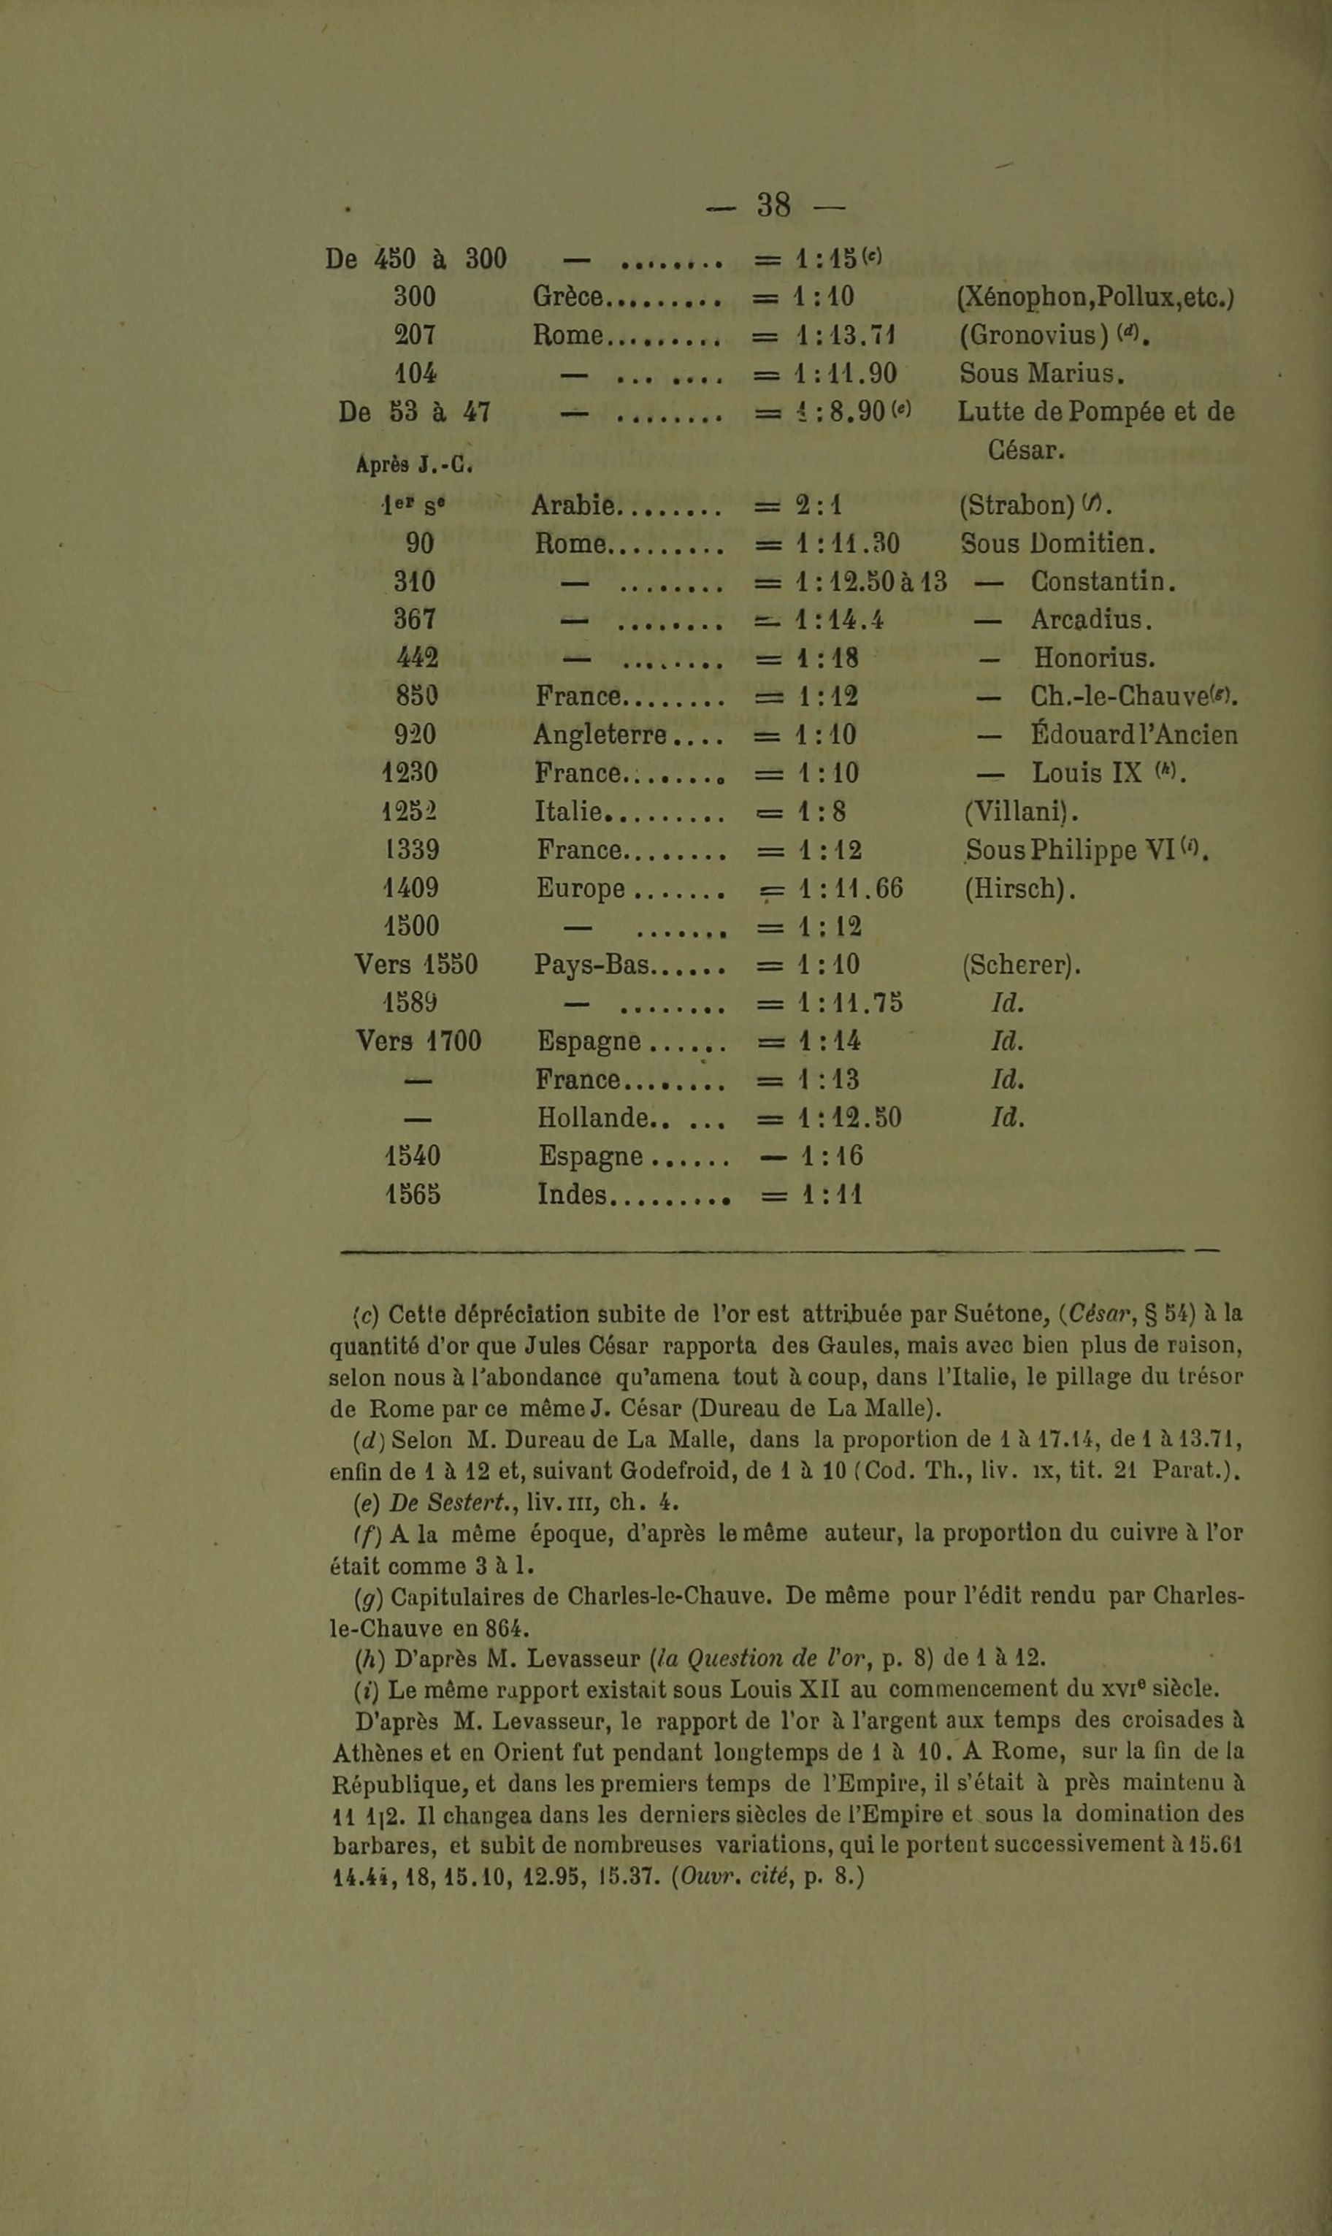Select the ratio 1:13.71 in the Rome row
pos(846,336)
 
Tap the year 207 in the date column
pos(415,336)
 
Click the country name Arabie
pos(573,506)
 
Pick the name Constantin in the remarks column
pos(1102,582)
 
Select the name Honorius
pos(1094,659)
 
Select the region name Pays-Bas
pos(592,965)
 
